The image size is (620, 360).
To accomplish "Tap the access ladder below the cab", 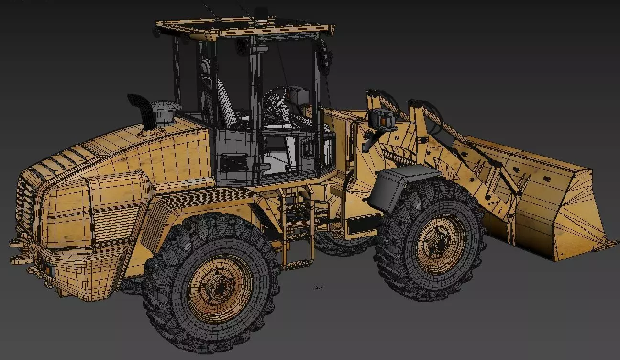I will (x=297, y=225).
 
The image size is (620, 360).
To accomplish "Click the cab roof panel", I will (x=244, y=27).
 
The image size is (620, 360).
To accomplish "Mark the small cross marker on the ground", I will (x=319, y=288).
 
